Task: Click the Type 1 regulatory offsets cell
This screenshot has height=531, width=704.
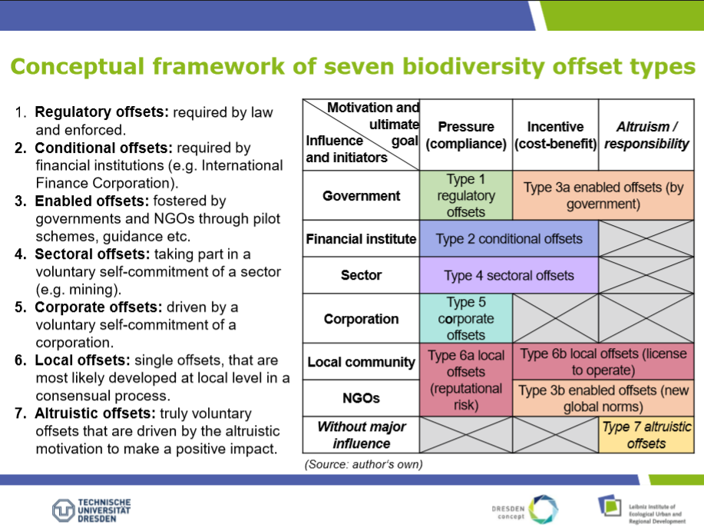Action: click(x=466, y=195)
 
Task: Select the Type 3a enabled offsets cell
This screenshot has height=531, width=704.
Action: click(x=603, y=195)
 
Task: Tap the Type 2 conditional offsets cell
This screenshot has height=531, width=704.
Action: click(x=509, y=238)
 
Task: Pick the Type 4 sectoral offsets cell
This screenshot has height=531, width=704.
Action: click(x=509, y=275)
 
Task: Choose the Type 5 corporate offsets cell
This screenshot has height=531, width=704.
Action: click(x=466, y=318)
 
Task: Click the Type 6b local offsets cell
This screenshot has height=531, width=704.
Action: click(x=603, y=362)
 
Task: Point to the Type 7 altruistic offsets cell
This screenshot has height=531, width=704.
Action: click(x=646, y=435)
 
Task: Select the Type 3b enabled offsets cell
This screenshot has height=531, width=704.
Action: click(x=603, y=398)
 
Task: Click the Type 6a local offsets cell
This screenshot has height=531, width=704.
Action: click(x=466, y=380)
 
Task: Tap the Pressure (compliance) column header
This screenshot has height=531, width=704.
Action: click(x=466, y=134)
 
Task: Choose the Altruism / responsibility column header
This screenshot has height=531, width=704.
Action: click(x=646, y=134)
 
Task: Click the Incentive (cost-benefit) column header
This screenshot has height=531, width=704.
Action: click(x=555, y=134)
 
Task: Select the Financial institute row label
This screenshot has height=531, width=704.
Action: click(x=361, y=238)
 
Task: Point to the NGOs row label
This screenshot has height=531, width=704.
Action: click(x=361, y=398)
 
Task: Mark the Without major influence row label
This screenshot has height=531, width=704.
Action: click(x=361, y=435)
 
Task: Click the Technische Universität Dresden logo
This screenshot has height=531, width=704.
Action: click(x=91, y=510)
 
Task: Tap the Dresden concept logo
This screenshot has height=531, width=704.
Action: click(x=525, y=509)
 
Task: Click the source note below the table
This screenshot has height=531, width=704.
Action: click(x=363, y=464)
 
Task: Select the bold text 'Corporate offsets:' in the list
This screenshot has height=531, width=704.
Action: click(x=98, y=307)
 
